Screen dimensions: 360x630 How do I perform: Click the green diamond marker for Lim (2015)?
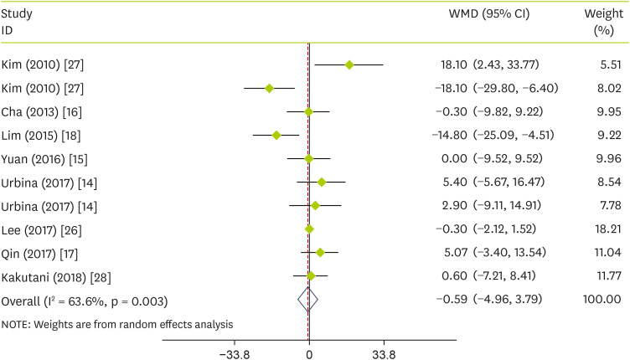(276, 135)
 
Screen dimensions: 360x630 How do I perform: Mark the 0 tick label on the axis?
(309, 352)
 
